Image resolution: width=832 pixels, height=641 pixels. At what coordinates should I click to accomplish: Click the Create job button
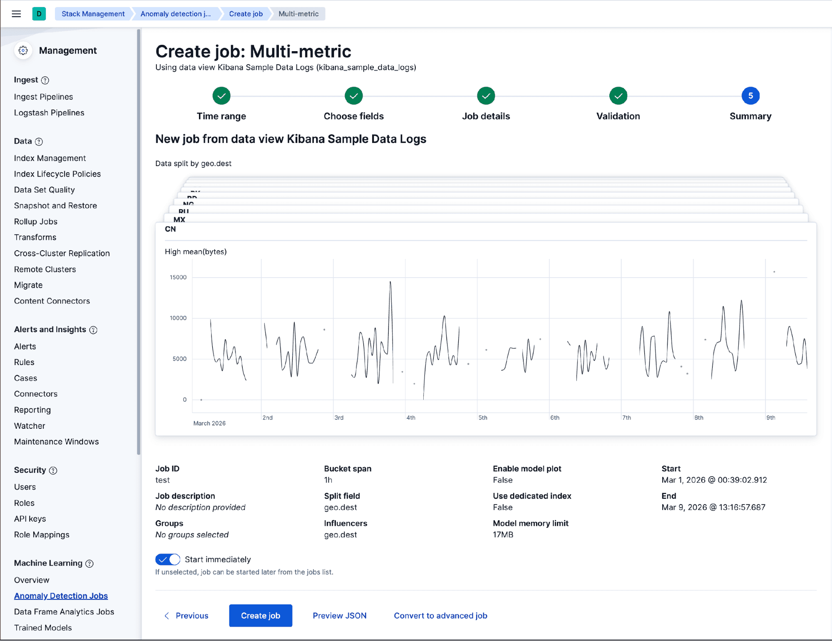pyautogui.click(x=260, y=616)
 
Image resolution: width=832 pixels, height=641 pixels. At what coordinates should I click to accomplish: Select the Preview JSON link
pyautogui.click(x=339, y=616)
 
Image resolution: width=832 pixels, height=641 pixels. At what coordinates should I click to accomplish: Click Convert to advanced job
pyautogui.click(x=440, y=616)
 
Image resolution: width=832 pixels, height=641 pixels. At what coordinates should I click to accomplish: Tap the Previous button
pyautogui.click(x=186, y=616)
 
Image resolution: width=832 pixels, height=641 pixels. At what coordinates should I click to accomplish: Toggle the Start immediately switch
pyautogui.click(x=168, y=559)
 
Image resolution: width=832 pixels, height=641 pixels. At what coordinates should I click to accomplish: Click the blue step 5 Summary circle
pyautogui.click(x=750, y=96)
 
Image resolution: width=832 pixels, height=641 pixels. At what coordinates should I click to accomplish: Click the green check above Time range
pyautogui.click(x=221, y=96)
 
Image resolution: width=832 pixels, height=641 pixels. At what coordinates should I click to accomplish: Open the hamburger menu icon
pyautogui.click(x=16, y=14)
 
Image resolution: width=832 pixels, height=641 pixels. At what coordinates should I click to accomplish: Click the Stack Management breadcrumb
pyautogui.click(x=93, y=14)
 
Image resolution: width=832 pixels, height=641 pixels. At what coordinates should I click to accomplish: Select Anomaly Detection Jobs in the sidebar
pyautogui.click(x=61, y=596)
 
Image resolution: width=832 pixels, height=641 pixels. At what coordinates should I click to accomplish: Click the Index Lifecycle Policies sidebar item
pyautogui.click(x=57, y=174)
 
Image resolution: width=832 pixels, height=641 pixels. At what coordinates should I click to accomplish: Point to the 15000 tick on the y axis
pyautogui.click(x=178, y=277)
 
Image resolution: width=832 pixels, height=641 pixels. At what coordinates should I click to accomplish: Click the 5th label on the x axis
pyautogui.click(x=483, y=417)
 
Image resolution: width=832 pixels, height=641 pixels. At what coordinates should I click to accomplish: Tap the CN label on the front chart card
pyautogui.click(x=170, y=229)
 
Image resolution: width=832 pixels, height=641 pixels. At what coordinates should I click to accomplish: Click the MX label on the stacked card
pyautogui.click(x=179, y=219)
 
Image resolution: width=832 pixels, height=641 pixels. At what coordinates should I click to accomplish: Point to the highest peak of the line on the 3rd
pyautogui.click(x=390, y=282)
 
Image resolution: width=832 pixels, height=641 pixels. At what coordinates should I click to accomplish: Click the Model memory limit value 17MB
pyautogui.click(x=503, y=534)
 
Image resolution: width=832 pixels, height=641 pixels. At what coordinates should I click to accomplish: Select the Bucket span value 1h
pyautogui.click(x=328, y=480)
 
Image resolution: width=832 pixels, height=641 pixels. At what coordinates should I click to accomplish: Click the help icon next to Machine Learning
pyautogui.click(x=89, y=564)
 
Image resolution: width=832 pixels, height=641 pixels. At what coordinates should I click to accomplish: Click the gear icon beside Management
pyautogui.click(x=23, y=50)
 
